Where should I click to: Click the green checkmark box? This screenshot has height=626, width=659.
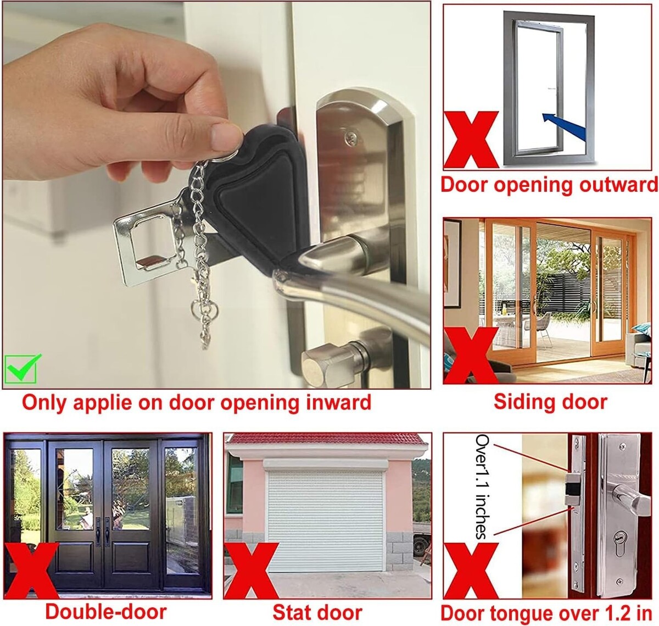click(21, 369)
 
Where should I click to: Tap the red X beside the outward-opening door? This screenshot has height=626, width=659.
click(471, 140)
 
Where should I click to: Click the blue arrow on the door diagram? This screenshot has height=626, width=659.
click(565, 126)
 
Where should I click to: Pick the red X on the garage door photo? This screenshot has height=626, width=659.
click(252, 570)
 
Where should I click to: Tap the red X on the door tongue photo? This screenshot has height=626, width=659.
click(471, 570)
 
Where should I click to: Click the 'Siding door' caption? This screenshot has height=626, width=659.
click(550, 402)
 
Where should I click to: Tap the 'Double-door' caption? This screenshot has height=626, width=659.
click(106, 612)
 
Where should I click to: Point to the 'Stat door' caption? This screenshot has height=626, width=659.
click(317, 612)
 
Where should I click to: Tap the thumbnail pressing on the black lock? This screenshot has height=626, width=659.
click(226, 136)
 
